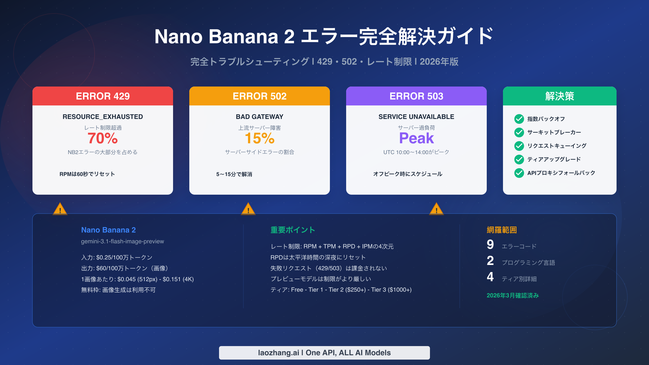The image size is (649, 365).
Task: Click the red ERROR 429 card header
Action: pos(103,96)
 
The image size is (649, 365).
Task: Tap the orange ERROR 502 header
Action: pos(260,96)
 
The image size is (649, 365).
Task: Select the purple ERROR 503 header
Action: pos(416,96)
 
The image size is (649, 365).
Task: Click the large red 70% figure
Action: pos(103,138)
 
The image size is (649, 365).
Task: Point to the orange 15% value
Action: pos(260,138)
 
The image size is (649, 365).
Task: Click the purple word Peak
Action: pos(416,138)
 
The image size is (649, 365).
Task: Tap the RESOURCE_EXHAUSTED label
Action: pos(103,117)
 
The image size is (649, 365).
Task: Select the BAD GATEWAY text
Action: pos(260,117)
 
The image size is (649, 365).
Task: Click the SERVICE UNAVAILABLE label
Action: pos(416,117)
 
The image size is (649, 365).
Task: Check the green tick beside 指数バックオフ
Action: pos(519,119)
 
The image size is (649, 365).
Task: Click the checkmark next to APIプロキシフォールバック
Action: pos(519,173)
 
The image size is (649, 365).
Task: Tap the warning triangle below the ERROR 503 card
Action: pos(436,209)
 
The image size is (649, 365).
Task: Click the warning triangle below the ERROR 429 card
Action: pos(60,209)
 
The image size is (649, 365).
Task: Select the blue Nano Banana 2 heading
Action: pos(108,230)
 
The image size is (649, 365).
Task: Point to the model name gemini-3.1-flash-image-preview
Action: pos(122,241)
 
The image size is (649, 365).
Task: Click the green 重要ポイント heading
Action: pos(293,230)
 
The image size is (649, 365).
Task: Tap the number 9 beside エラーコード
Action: pos(490,245)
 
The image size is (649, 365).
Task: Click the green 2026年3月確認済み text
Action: pos(513,296)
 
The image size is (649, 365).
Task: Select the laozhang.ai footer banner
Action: pos(325,353)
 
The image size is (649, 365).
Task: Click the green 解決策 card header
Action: pos(560,96)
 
